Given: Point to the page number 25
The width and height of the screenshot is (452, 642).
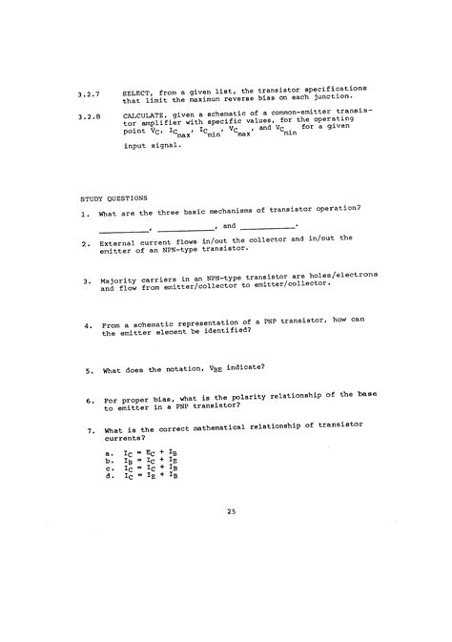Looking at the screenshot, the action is coord(231,513).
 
